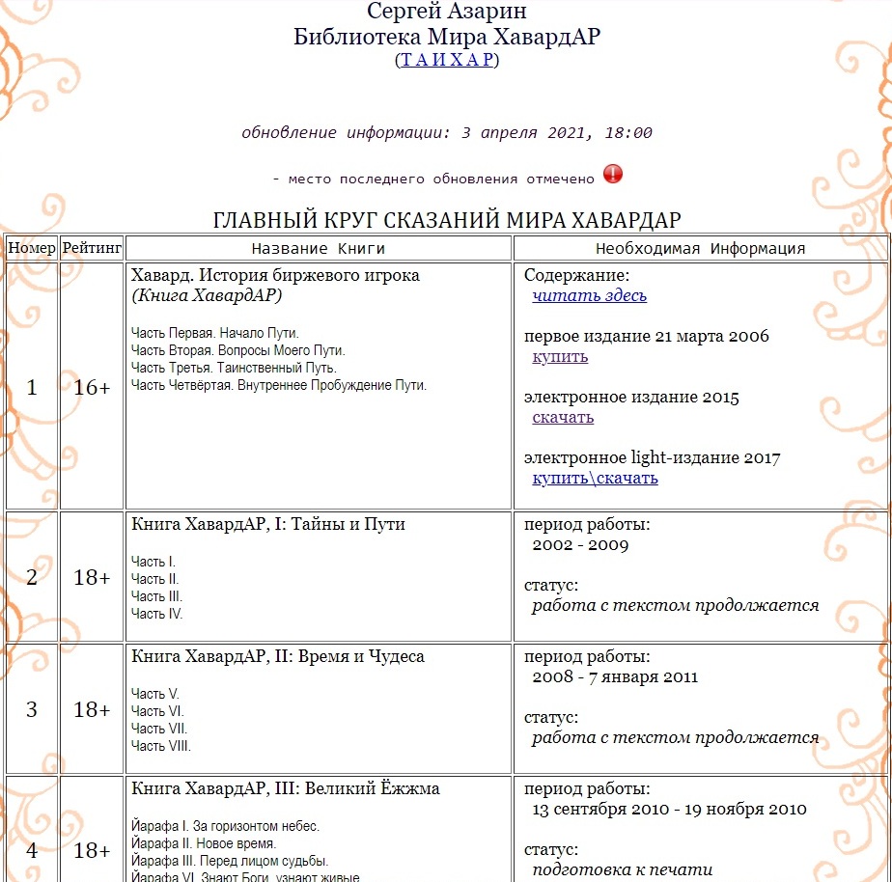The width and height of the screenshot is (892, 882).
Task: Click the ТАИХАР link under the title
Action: coord(447,60)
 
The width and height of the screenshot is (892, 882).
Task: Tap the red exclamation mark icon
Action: coord(613,175)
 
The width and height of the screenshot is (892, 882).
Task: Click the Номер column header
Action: coord(32,248)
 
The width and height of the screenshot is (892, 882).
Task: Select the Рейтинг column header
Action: coord(92,248)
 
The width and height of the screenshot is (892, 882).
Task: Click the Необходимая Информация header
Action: coord(700,248)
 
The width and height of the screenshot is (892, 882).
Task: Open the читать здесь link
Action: coord(589,295)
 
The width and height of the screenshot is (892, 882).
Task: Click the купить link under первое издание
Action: coord(560,356)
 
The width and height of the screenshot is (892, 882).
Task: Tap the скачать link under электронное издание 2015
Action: coord(563,417)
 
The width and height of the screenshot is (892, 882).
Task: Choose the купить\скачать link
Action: coord(595,478)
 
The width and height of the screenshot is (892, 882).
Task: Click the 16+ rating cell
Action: coord(92,387)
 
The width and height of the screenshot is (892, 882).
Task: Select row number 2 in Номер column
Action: coord(32,577)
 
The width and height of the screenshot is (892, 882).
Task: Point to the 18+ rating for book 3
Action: coord(92,709)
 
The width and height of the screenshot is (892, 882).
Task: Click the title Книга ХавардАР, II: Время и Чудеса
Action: coord(277,656)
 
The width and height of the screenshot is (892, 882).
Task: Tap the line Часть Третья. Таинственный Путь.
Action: coord(234,368)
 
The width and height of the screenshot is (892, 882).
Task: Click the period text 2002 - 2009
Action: coord(580,544)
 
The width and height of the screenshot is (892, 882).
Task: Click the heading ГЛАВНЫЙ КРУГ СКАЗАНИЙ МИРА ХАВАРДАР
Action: coord(446,219)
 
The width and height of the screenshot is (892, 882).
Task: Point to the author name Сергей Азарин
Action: coord(446,14)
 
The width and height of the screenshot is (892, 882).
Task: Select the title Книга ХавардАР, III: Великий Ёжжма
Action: coord(285,788)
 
